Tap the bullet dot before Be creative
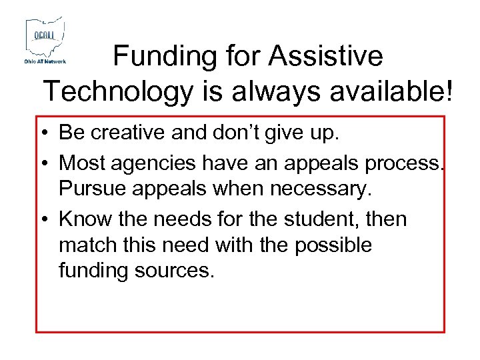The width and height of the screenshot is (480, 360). pos(49,133)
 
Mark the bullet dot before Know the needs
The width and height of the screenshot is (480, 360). pos(49,219)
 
